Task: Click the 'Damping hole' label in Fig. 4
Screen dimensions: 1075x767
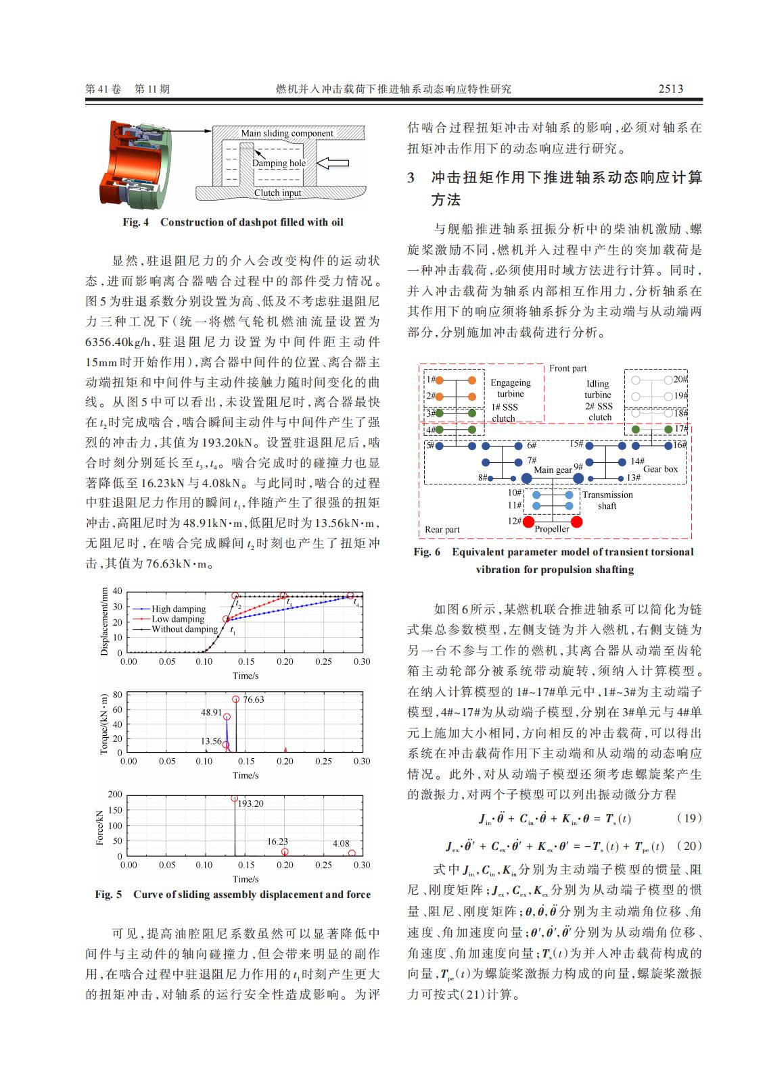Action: click(279, 163)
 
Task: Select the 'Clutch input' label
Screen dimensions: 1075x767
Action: click(278, 193)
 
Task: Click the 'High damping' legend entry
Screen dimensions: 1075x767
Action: click(179, 609)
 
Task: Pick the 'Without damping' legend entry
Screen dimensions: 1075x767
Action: click(184, 629)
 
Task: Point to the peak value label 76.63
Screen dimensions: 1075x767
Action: click(254, 699)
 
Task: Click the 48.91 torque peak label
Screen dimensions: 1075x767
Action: click(211, 712)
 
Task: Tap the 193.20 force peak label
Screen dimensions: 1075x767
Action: click(250, 804)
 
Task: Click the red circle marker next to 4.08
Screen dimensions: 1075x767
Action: click(352, 853)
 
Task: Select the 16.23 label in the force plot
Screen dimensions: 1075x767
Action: click(277, 841)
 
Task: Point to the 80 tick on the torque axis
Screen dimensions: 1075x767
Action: click(117, 695)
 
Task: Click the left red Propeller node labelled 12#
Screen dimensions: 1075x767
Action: click(528, 522)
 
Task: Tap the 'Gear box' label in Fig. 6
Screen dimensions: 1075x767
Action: click(660, 469)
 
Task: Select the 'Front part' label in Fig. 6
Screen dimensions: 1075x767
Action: click(568, 368)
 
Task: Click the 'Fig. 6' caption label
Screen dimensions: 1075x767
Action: click(427, 552)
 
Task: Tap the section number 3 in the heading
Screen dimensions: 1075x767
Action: click(411, 178)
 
